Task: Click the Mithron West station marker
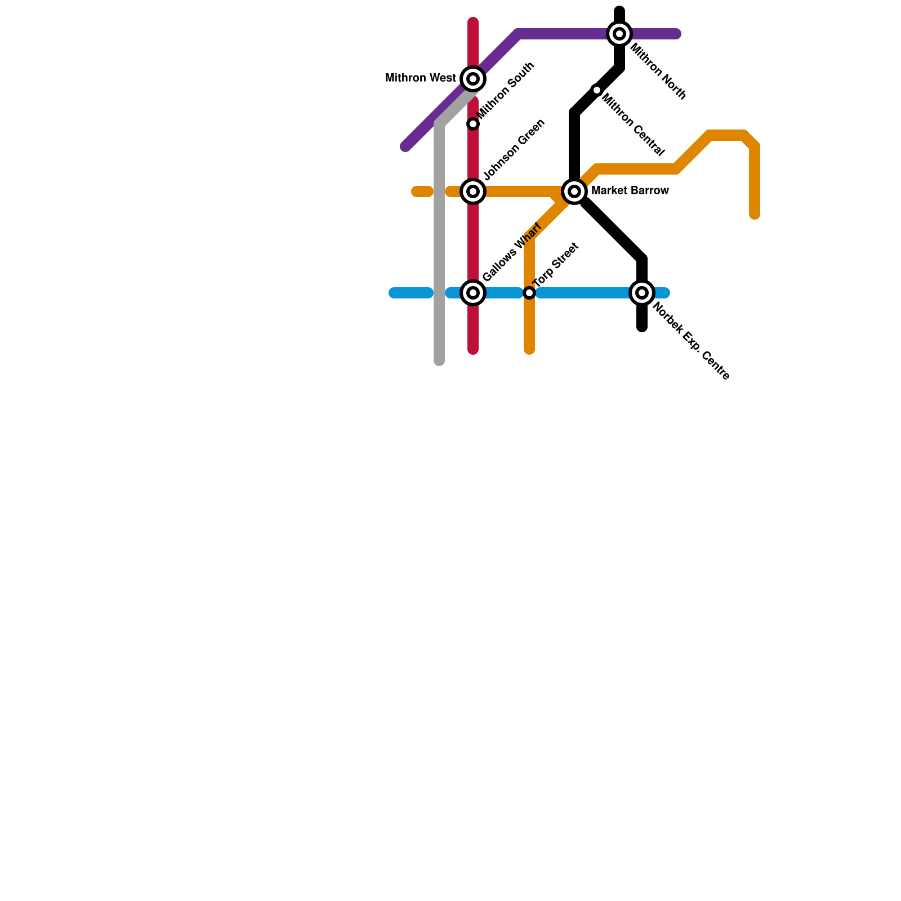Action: point(473,79)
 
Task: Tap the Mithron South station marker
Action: point(473,124)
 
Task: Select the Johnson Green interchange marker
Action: point(473,191)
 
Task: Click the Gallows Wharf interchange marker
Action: point(473,293)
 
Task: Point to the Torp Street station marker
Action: point(529,293)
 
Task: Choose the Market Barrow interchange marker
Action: point(574,191)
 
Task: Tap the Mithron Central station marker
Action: point(597,90)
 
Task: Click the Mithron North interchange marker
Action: point(619,34)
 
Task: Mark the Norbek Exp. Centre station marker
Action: point(642,293)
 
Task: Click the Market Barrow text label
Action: point(630,191)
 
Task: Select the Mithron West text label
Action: point(420,78)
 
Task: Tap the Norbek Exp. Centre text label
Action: point(690,342)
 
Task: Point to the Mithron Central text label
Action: point(634,126)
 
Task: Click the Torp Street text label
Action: point(556,264)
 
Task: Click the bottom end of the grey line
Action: point(439,360)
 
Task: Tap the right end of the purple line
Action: point(677,34)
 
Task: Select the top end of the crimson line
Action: point(473,23)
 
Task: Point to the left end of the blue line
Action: point(394,293)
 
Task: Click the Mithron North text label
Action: point(658,72)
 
